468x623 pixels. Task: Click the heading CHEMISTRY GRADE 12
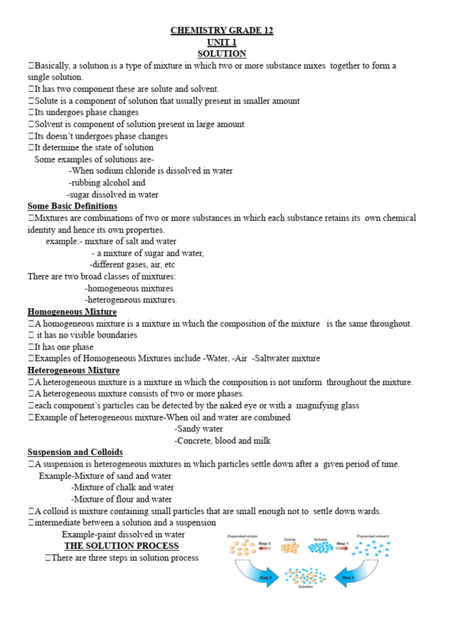click(x=222, y=31)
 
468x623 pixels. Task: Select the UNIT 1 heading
click(x=222, y=43)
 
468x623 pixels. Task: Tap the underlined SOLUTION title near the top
click(x=222, y=54)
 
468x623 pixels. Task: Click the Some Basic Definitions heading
click(x=73, y=206)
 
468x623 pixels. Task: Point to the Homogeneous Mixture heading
click(x=72, y=311)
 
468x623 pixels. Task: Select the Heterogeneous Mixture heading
click(x=73, y=370)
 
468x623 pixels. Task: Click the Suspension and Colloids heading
click(x=75, y=452)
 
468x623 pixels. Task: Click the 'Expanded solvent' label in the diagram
click(x=374, y=536)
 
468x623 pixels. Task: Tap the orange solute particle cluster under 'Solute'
click(x=289, y=549)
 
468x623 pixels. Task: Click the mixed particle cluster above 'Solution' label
click(x=305, y=576)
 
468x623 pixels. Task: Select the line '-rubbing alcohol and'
click(x=107, y=183)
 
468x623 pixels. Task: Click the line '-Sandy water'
click(x=199, y=429)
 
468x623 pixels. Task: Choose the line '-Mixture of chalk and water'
click(x=122, y=487)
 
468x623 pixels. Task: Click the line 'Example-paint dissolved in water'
click(x=123, y=534)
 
